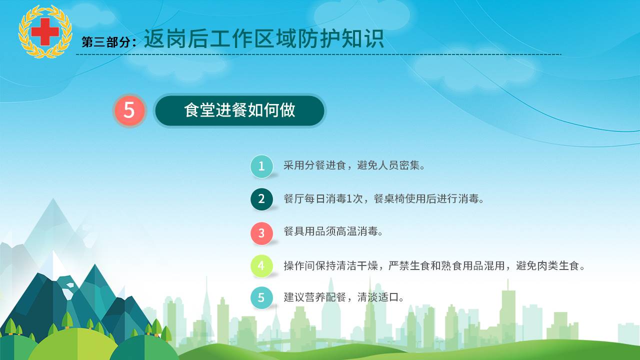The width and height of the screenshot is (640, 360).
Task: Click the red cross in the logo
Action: coord(45,31)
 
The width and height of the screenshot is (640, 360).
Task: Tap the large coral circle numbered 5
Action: coord(129,110)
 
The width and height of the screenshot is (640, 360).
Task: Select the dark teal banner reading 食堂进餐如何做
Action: coord(239,110)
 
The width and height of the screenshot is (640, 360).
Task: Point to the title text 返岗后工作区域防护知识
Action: coord(263,39)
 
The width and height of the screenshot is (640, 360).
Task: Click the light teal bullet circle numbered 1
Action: coord(261,166)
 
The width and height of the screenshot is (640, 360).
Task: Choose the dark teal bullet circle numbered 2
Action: coord(261,199)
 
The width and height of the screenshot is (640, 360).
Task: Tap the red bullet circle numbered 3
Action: coord(261,233)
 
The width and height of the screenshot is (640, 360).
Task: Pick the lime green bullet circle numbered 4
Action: coord(261,265)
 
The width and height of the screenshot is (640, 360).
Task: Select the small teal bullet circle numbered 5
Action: coord(261,297)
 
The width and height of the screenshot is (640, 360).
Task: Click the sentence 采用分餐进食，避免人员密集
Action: coord(354,165)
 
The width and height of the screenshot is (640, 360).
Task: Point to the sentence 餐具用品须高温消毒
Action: coord(333,231)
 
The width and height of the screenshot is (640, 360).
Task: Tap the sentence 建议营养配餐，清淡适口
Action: coord(343,297)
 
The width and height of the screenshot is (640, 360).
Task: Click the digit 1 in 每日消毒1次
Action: coord(348,198)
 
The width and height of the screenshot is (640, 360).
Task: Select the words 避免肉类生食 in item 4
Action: coord(547,265)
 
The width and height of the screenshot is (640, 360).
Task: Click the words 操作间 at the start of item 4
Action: coord(299,265)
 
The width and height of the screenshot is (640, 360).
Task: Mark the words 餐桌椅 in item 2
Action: coord(389,198)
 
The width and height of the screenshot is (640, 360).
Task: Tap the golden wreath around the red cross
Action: coord(45,31)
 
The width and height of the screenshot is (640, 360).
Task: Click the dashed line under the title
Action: coord(318,54)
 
